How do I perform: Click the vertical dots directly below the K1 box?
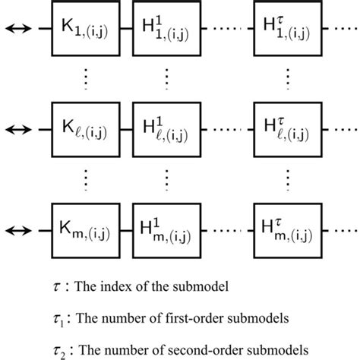(x=84, y=79)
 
